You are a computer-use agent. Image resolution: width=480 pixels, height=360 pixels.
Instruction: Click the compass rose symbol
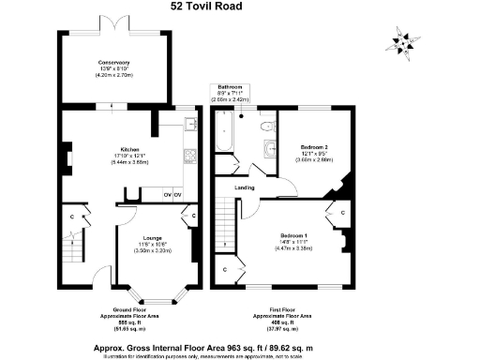[400, 41]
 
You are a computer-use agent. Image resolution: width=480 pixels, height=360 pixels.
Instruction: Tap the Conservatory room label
[114, 63]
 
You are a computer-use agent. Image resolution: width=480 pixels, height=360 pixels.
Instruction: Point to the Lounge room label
[152, 238]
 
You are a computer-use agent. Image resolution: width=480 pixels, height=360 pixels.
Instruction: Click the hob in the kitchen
[188, 157]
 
